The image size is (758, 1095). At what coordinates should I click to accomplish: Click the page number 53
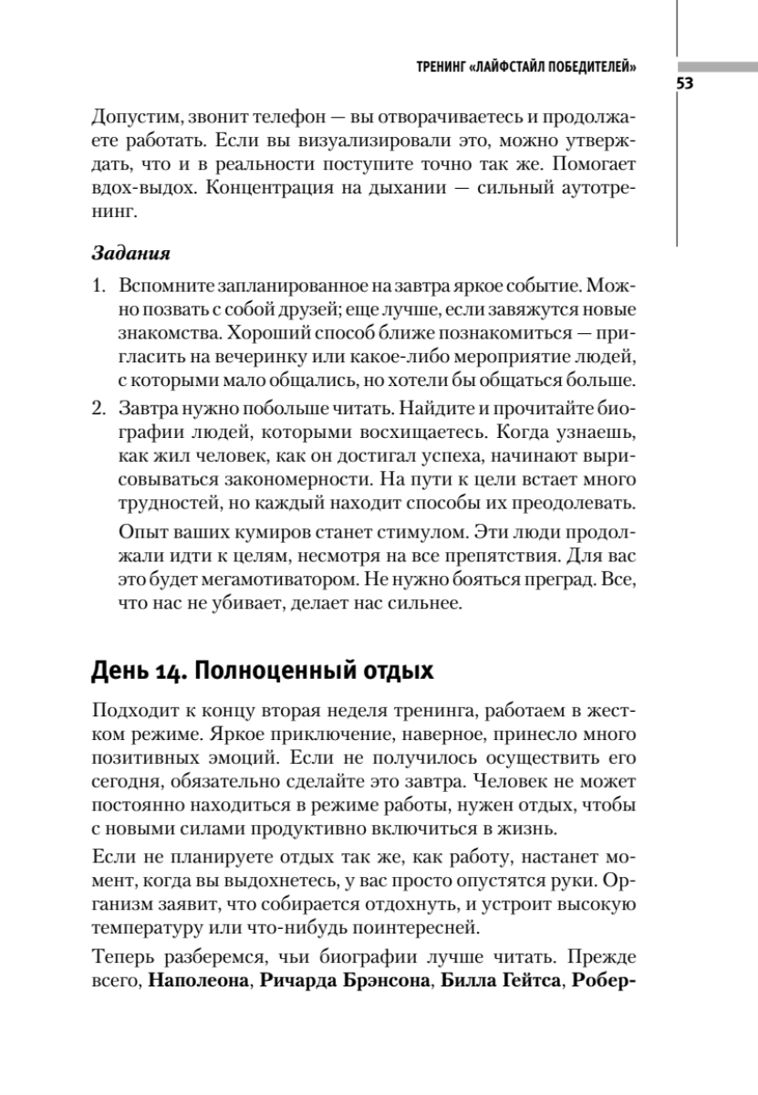point(686,85)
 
